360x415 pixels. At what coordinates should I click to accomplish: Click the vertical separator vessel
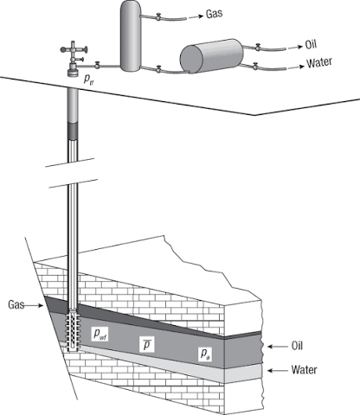click(131, 35)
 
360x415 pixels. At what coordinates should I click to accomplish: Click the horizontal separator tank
click(212, 56)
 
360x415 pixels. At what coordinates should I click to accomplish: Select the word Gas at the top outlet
click(214, 14)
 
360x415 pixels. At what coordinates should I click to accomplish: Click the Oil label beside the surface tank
click(311, 45)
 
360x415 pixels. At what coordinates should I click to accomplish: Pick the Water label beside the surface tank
click(319, 63)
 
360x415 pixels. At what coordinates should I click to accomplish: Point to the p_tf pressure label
click(88, 80)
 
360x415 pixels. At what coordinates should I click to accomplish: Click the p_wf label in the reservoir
click(100, 334)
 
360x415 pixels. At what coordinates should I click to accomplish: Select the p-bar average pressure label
click(147, 345)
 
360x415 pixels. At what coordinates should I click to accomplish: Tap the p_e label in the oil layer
click(205, 354)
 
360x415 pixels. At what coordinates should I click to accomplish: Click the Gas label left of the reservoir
click(16, 304)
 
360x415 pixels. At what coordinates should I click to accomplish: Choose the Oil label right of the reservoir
click(297, 346)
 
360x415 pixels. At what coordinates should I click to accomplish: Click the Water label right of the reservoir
click(304, 369)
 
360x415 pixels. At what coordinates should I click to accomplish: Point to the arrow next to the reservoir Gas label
click(34, 305)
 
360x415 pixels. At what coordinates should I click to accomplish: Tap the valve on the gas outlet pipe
click(158, 16)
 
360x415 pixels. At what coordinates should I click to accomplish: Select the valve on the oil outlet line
click(258, 47)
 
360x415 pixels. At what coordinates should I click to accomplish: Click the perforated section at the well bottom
click(73, 329)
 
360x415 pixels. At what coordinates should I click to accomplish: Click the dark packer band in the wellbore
click(73, 131)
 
